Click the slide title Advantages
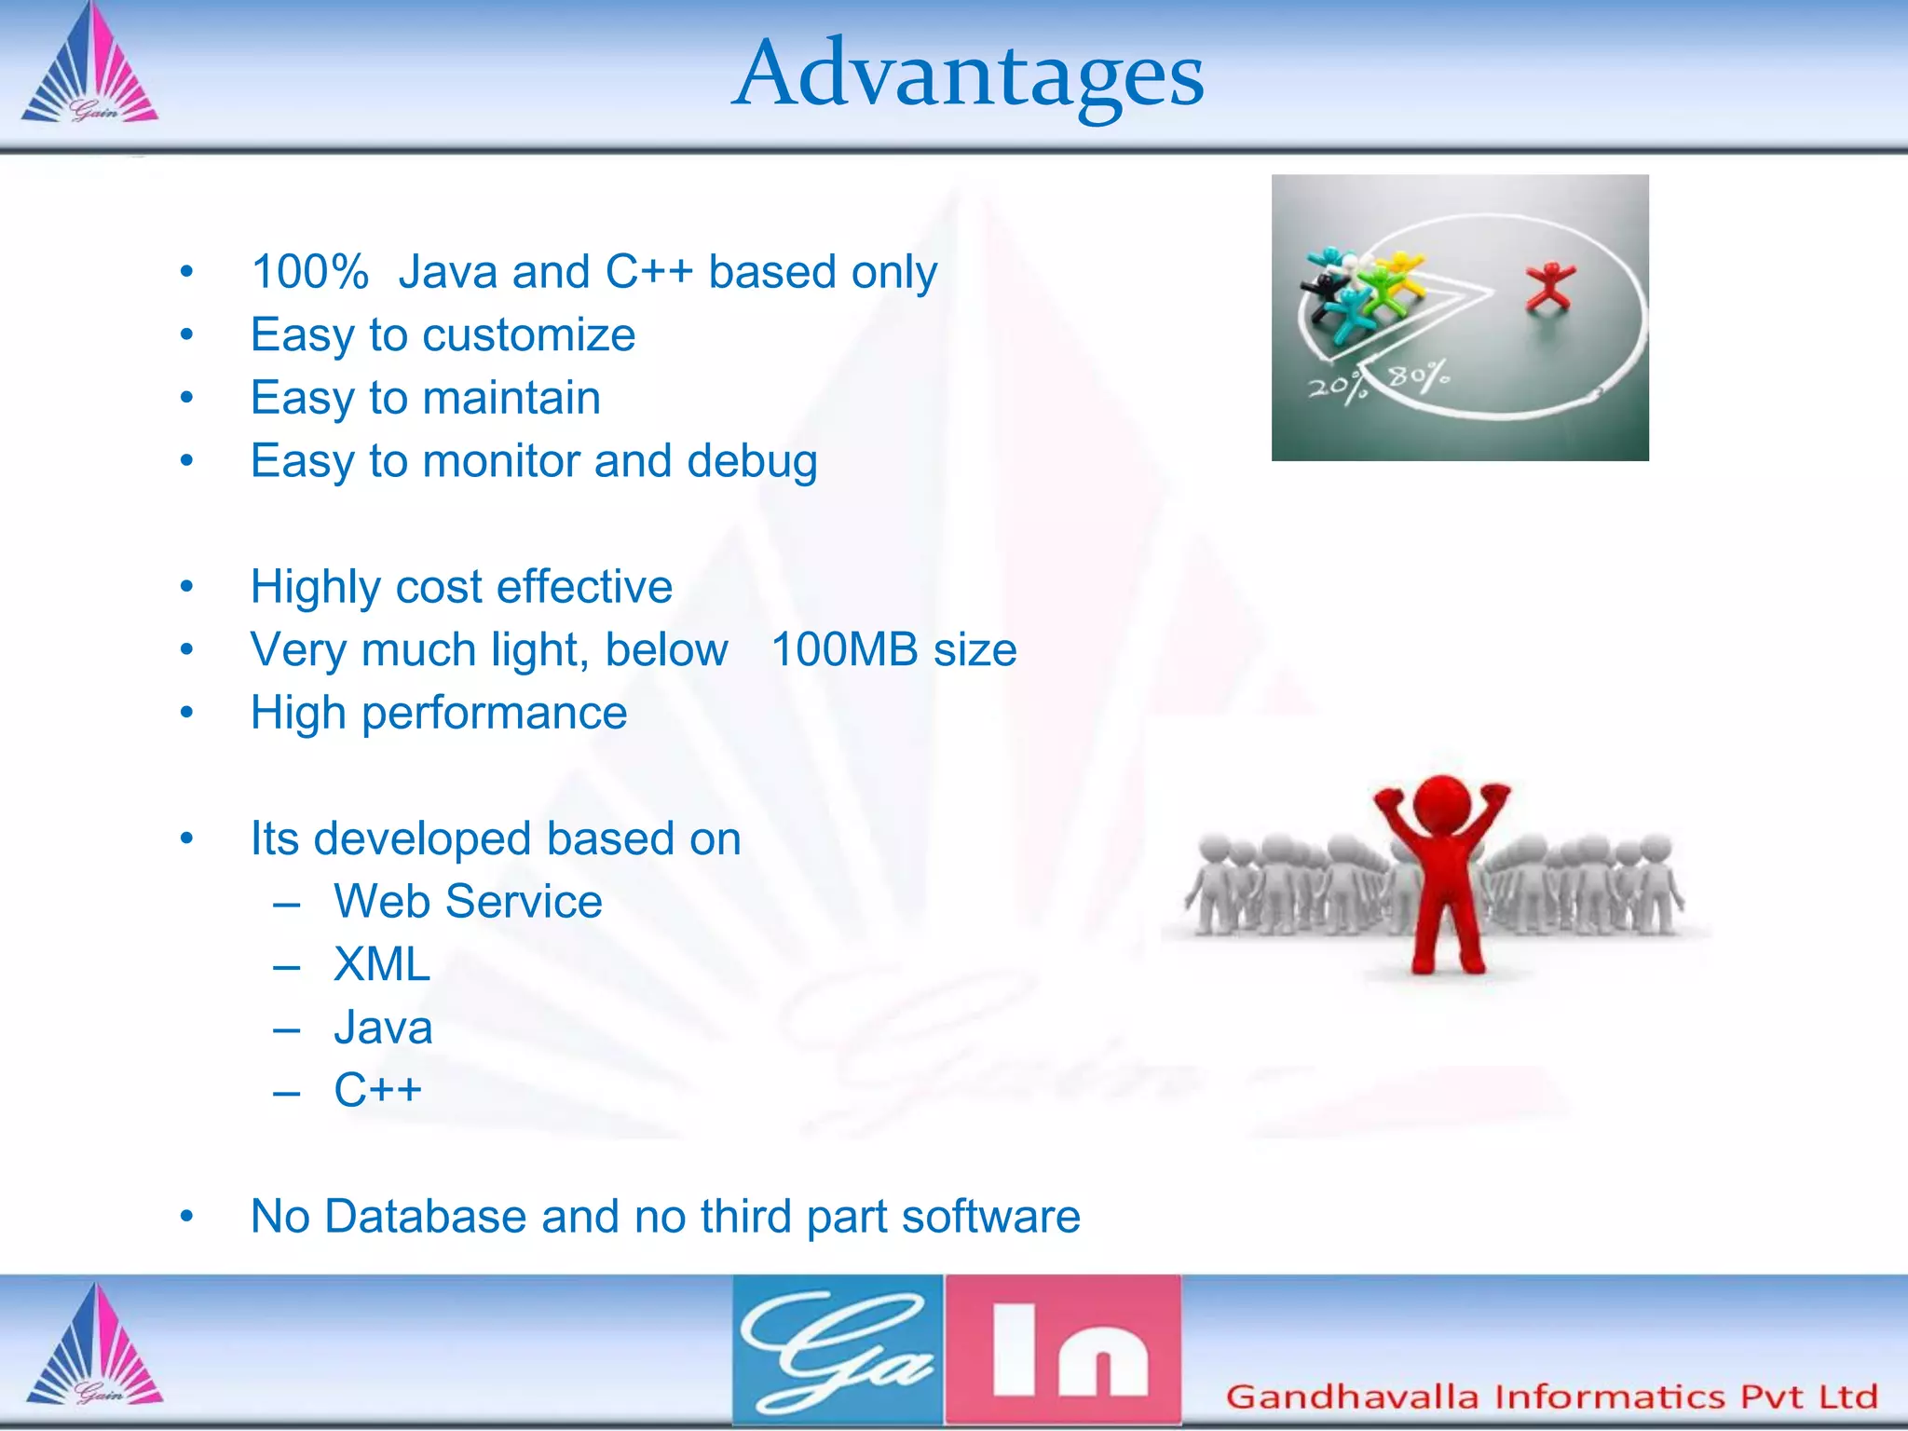point(967,75)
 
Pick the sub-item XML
point(382,964)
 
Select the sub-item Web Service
point(468,902)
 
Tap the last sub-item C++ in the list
point(377,1090)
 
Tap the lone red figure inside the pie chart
point(1548,287)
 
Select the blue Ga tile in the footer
point(838,1349)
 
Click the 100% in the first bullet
point(309,272)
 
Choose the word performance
point(494,714)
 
